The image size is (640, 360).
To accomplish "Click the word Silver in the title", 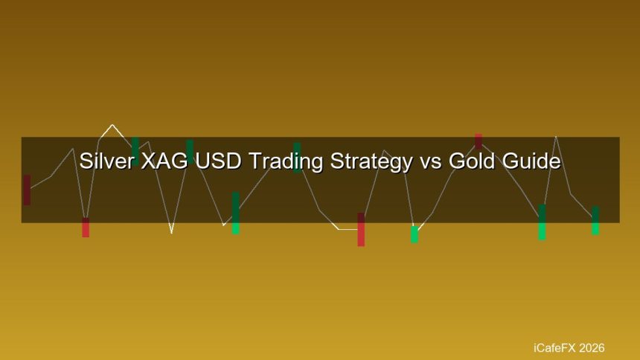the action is pos(106,161).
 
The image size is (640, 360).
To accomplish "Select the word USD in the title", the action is pos(218,161).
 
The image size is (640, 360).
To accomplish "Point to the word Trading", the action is pos(286,161).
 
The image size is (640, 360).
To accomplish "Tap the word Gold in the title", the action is pos(472,161).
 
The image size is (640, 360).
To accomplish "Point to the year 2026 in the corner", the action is pos(592,348).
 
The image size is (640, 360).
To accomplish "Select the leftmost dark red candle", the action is pos(27,190).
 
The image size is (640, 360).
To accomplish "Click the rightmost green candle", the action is pos(595,220).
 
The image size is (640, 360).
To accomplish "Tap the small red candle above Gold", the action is pos(479,141).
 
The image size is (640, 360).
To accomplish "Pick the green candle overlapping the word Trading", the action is pos(297,158).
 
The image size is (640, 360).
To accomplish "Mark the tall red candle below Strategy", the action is pos(361,229).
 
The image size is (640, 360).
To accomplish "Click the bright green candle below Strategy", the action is pos(415,234).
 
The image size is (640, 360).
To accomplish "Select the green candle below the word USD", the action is pos(235,213).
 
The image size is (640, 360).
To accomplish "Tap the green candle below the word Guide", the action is pos(542,222).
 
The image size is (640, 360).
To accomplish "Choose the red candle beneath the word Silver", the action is pos(86,228).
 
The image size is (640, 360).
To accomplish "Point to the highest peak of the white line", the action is pos(112,125).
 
